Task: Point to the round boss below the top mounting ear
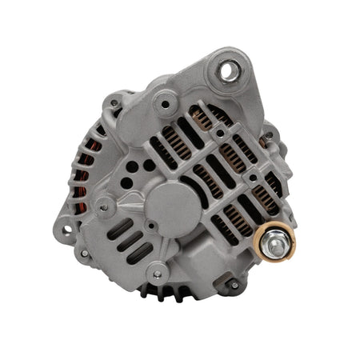tap(165, 102)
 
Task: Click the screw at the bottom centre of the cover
tap(158, 274)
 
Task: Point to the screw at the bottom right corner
tap(232, 282)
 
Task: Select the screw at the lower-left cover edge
tap(84, 254)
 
